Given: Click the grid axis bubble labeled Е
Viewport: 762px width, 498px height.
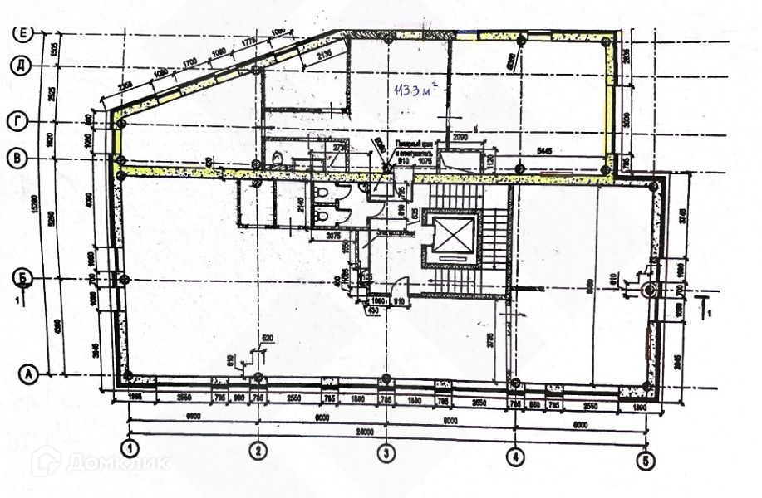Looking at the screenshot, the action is pyautogui.click(x=23, y=33).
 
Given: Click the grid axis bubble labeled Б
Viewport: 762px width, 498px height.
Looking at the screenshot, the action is pyautogui.click(x=26, y=276).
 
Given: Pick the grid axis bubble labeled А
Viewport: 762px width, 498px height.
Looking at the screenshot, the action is pyautogui.click(x=30, y=375).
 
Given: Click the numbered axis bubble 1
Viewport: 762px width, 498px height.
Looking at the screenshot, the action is pyautogui.click(x=130, y=451).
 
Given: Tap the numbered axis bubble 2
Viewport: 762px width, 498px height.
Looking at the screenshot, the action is pyautogui.click(x=259, y=452).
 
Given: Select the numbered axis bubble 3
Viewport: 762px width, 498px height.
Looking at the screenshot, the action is pyautogui.click(x=386, y=453).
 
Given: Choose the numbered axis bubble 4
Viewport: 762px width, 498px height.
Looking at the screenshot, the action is pyautogui.click(x=515, y=455).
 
